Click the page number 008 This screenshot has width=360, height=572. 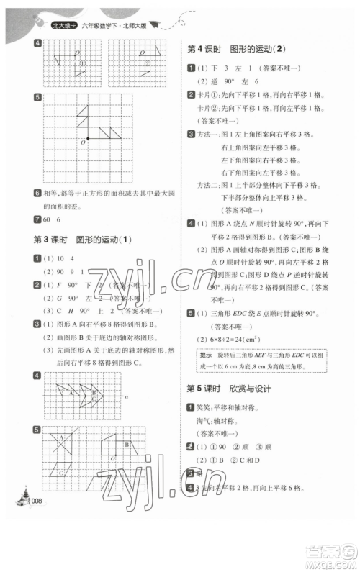(36, 501)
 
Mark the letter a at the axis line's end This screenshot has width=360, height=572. (125, 396)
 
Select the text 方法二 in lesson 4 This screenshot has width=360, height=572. (210, 203)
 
